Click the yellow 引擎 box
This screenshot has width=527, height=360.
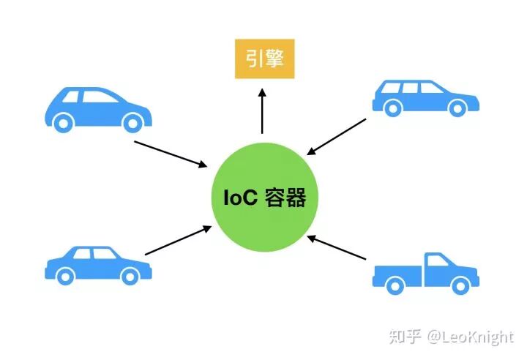coord(264,59)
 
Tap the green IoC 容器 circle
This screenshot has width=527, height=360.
coord(264,198)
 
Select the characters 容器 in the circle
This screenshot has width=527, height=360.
coord(285,198)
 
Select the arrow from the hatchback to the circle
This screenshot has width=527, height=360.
coord(171,153)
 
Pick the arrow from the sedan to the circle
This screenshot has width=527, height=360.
coord(178,241)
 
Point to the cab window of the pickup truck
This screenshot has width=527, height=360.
coord(438,260)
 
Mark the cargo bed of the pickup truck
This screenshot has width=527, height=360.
coord(400,273)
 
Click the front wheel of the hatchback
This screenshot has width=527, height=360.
coord(131,123)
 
